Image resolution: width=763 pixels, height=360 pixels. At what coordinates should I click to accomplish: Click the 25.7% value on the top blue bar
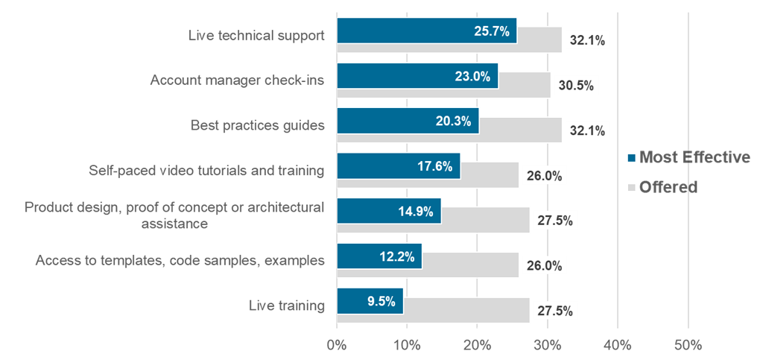coord(491,31)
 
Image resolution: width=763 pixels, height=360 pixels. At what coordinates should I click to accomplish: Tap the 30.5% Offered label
coord(576,86)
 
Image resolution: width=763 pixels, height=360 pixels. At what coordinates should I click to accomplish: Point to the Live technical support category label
coord(256,34)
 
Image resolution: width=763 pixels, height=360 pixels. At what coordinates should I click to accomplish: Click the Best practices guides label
coord(257,125)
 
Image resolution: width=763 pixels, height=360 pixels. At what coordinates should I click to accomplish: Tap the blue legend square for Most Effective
coord(632,158)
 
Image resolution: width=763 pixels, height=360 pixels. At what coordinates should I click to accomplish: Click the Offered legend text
coord(668,186)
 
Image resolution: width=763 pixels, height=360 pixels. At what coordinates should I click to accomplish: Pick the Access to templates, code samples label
coord(180,261)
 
